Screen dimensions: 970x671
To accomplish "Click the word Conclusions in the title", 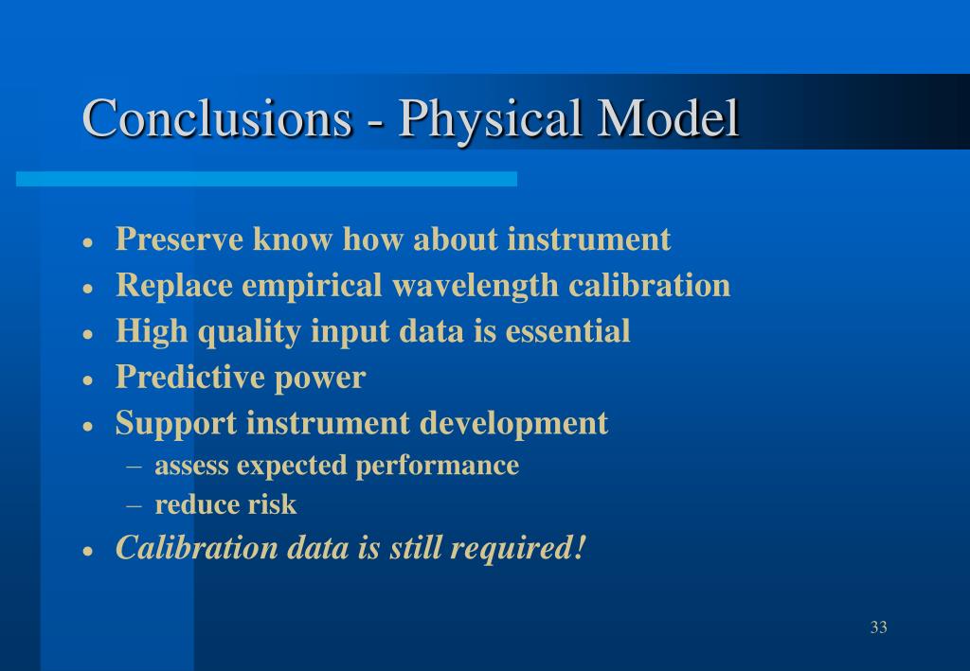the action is click(217, 117).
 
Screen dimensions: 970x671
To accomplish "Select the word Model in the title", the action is click(668, 117).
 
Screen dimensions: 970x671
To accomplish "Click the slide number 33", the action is click(878, 627).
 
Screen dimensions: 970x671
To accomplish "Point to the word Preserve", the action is click(179, 239).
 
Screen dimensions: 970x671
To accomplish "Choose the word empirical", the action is click(312, 286).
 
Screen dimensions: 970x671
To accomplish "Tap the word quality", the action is click(249, 332).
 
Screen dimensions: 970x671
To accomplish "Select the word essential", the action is click(568, 330).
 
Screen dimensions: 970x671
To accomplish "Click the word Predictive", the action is click(189, 377).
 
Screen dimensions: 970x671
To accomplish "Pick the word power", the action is click(320, 380).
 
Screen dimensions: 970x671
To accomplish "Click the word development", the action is click(513, 424).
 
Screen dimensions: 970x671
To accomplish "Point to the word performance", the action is click(438, 467).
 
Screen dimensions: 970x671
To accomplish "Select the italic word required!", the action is click(518, 549).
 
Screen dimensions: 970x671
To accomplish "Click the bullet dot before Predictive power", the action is click(88, 380).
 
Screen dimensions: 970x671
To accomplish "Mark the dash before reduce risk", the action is click(134, 505).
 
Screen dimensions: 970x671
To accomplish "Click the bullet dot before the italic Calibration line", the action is click(88, 551).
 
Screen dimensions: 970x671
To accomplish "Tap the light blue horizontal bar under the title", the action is click(266, 179).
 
